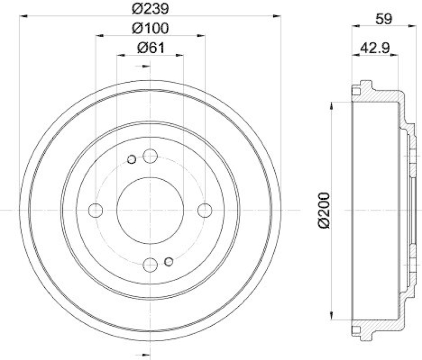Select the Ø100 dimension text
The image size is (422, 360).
(150, 28)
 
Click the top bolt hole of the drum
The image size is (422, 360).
(150, 156)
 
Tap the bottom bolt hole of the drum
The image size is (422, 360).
(150, 264)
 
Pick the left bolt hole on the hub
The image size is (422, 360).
(96, 210)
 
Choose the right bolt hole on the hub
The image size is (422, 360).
(204, 210)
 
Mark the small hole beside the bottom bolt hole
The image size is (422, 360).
(169, 261)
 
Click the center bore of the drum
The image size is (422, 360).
(150, 210)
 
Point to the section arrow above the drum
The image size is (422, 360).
(141, 66)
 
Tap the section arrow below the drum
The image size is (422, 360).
(141, 354)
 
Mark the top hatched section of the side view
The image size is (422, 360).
(380, 98)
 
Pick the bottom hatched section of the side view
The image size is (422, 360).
(380, 323)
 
